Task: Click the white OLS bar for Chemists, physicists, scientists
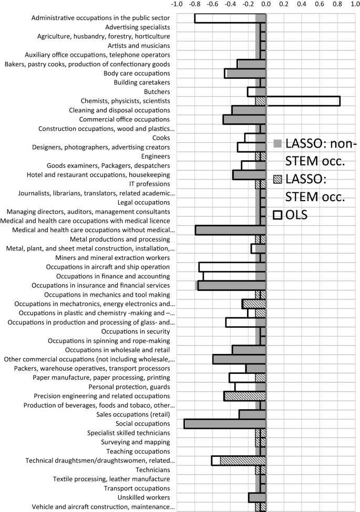click(303, 101)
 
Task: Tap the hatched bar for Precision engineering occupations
click(245, 395)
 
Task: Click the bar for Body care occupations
click(245, 73)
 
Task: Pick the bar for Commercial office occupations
click(244, 119)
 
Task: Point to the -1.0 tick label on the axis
click(177, 5)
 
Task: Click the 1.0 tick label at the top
click(354, 5)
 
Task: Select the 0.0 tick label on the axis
click(266, 5)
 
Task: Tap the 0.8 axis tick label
click(337, 5)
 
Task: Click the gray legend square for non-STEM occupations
click(278, 143)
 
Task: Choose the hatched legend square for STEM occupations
click(278, 180)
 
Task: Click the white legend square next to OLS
click(278, 214)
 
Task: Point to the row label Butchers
click(155, 91)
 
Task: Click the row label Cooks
click(160, 138)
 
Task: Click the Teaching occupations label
click(138, 451)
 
